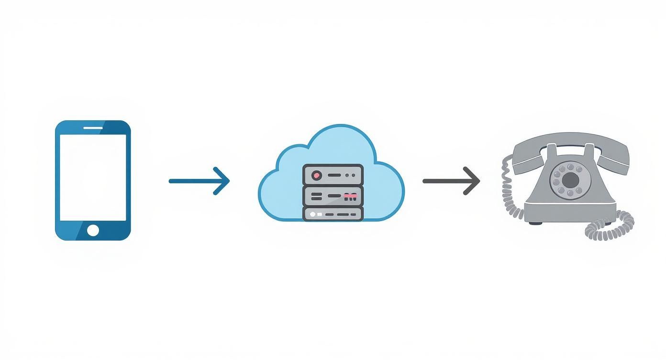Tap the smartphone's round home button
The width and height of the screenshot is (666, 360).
click(x=93, y=230)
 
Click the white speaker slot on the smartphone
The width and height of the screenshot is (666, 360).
click(x=93, y=128)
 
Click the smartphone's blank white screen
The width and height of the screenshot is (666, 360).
click(x=93, y=177)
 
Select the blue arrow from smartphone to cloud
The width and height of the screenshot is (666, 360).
click(x=199, y=181)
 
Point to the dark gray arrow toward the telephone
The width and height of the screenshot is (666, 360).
click(x=451, y=181)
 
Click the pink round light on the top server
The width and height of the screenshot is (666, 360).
click(x=316, y=176)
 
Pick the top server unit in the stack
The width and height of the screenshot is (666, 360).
click(x=333, y=175)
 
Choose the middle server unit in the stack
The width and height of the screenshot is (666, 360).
click(x=333, y=196)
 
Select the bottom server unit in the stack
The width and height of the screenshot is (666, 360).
click(x=333, y=214)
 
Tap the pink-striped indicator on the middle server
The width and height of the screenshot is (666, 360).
click(x=350, y=196)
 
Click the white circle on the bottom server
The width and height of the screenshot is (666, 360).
click(x=313, y=214)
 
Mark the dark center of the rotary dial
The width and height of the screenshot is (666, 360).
click(x=570, y=180)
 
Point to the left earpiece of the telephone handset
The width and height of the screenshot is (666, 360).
click(x=522, y=153)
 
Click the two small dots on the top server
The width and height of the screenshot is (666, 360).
click(x=350, y=176)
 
